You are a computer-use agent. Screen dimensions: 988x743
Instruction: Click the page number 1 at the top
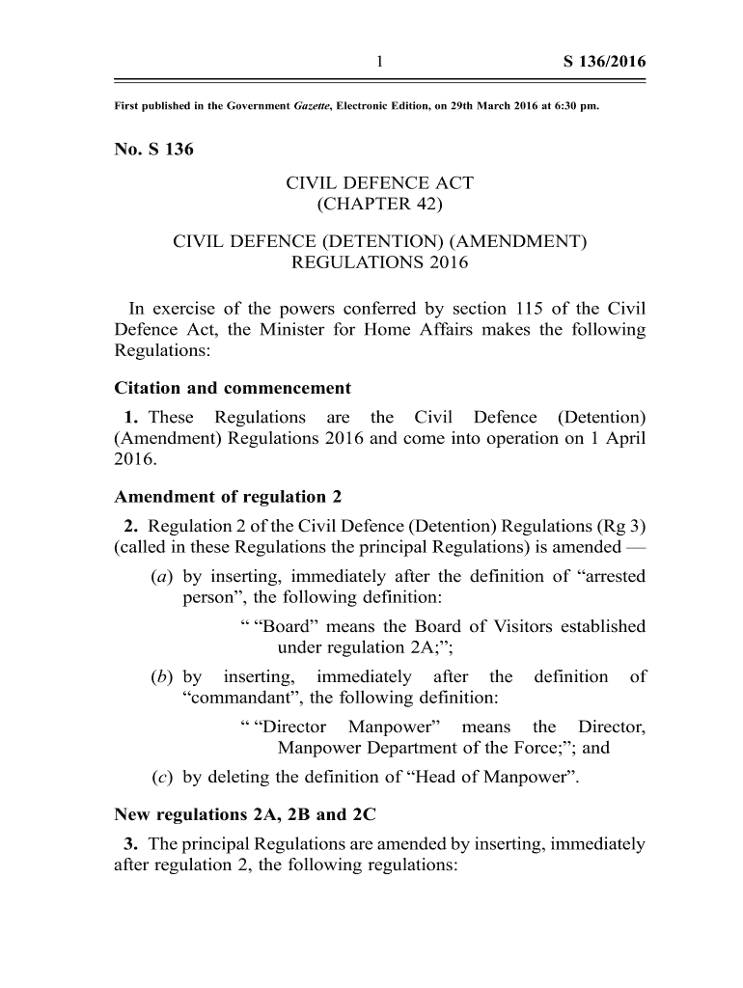pos(380,63)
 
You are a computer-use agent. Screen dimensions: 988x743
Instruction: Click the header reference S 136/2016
pos(604,63)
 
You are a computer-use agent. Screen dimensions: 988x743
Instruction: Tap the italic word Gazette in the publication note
pos(312,105)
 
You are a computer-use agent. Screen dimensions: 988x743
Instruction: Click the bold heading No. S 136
pos(154,150)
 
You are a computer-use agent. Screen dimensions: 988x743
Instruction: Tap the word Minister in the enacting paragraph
pos(311,330)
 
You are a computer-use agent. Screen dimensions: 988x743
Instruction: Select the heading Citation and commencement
pos(233,388)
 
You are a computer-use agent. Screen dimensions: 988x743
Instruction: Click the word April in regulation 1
pos(620,437)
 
